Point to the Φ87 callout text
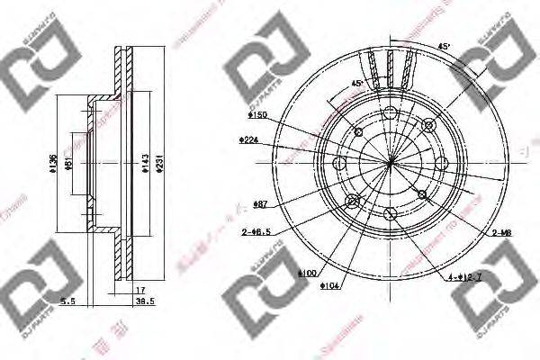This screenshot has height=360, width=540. click(x=262, y=205)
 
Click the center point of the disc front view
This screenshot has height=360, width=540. click(x=390, y=163)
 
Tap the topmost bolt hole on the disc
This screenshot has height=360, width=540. click(x=390, y=112)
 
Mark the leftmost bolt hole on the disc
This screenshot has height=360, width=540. click(x=340, y=163)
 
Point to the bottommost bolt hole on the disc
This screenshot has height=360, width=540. click(x=390, y=213)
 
